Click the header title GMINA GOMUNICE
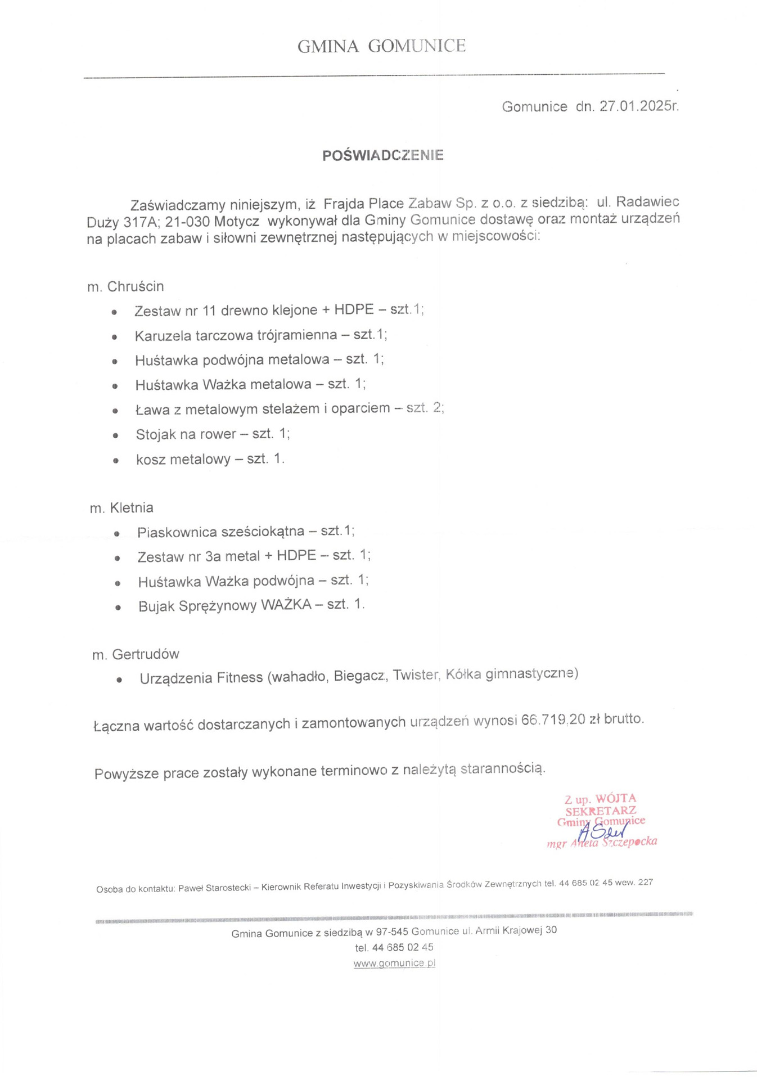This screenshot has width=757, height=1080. pyautogui.click(x=381, y=46)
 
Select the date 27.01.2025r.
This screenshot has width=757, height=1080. pyautogui.click(x=639, y=106)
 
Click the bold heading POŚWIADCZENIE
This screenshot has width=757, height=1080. pyautogui.click(x=383, y=155)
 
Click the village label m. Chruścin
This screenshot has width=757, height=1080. pyautogui.click(x=125, y=286)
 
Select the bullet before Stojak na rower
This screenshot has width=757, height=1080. pyautogui.click(x=115, y=435)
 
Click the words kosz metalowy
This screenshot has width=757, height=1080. pyautogui.click(x=183, y=460)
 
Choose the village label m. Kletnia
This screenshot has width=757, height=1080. pyautogui.click(x=121, y=508)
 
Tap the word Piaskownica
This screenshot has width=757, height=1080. pyautogui.click(x=177, y=532)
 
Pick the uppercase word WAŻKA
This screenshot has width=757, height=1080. pyautogui.click(x=286, y=605)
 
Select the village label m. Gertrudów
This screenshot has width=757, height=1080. pyautogui.click(x=136, y=654)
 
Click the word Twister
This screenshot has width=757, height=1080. pyautogui.click(x=415, y=675)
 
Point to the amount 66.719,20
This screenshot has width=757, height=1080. pyautogui.click(x=553, y=720)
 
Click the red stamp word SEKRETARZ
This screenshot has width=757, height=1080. pyautogui.click(x=601, y=811)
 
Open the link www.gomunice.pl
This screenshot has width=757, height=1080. pyautogui.click(x=394, y=963)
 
